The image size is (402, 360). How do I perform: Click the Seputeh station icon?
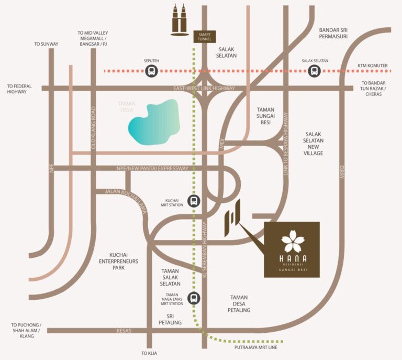151,71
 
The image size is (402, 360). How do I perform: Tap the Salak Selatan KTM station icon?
314,71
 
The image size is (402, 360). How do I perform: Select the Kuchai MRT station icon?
194,201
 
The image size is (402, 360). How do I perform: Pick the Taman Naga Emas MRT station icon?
194,298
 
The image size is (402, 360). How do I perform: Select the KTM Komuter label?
373,66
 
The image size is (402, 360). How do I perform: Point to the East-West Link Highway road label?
204,88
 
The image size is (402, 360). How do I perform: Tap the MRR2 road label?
343,172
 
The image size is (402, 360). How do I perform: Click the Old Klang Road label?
94,122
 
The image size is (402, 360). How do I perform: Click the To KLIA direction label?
149,353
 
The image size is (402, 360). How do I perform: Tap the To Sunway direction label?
45,44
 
